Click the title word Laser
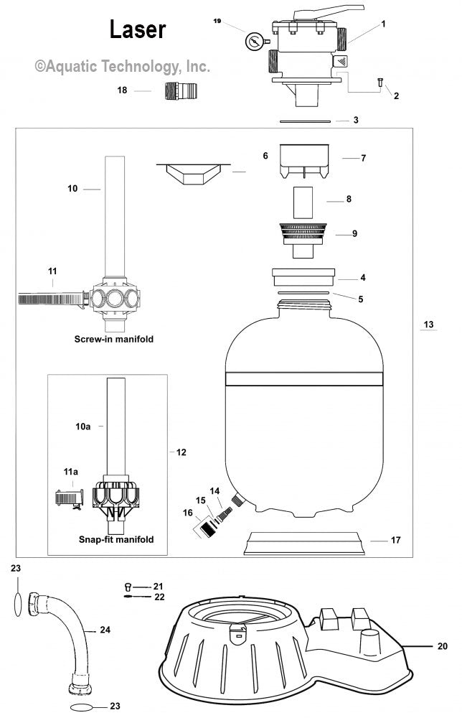pos(137,29)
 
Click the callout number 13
pos(428,325)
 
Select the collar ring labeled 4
pos(304,277)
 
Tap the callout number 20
pos(443,645)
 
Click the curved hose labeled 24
pos(75,639)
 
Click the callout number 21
pos(159,586)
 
